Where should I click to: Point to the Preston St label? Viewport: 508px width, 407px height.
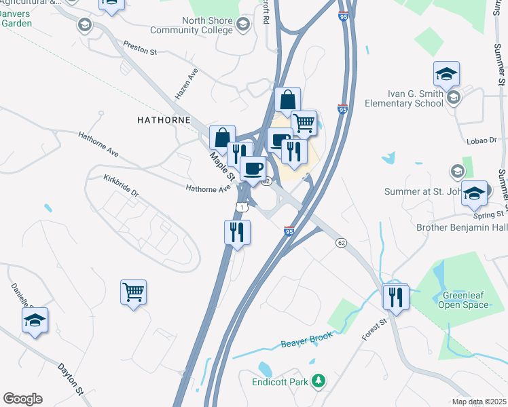[140, 48]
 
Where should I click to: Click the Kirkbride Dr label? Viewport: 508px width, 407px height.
[121, 186]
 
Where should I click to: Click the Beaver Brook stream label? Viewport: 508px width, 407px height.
[307, 340]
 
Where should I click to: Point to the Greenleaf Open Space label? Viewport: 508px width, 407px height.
[465, 300]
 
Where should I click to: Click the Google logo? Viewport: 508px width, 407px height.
[22, 399]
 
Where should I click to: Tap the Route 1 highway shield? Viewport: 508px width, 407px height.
[241, 206]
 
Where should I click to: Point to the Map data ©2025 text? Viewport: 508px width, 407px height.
[479, 402]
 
